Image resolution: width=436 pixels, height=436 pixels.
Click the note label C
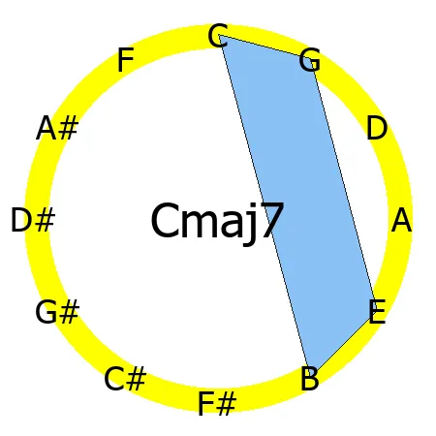point(218,37)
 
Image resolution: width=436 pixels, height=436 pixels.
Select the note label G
point(309,62)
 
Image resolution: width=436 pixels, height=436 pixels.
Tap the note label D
point(377,129)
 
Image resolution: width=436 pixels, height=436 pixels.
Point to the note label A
point(401,222)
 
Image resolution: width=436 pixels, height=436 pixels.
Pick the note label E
point(377,312)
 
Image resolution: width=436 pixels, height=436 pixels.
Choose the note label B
point(309,379)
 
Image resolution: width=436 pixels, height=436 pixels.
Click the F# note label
point(217,403)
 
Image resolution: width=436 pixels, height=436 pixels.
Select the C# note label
point(125,379)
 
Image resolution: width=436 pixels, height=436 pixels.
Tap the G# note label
point(57,312)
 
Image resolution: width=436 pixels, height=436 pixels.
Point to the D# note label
point(33,221)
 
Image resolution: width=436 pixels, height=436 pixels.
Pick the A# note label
point(57,129)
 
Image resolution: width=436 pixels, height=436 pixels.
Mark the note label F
point(125,61)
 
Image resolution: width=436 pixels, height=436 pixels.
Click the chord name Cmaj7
point(217,222)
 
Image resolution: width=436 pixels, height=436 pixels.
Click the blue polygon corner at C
point(220,35)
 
